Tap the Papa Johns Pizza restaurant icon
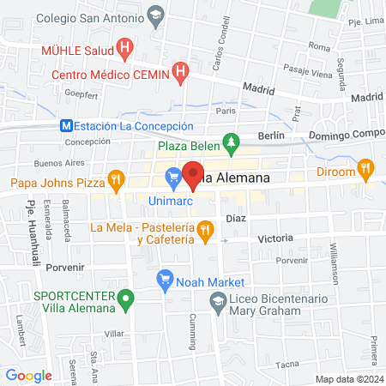click(115, 181)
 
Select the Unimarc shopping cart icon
click(173, 178)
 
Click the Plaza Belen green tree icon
click(230, 142)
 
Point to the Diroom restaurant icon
click(366, 169)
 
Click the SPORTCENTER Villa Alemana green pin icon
click(126, 301)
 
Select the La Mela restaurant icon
click(204, 229)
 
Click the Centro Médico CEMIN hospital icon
click(180, 74)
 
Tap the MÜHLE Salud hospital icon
click(125, 49)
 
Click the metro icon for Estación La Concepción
click(66, 124)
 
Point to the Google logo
click(28, 375)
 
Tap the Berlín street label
click(269, 136)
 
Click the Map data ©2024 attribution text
click(347, 378)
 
